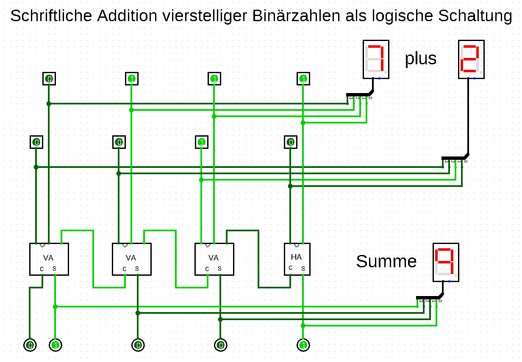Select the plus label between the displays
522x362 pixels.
coord(420,58)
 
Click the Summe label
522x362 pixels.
coord(386,261)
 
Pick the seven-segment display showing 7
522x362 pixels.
coord(376,60)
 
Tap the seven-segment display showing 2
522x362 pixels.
coord(471,60)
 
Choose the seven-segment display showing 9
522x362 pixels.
coord(446,262)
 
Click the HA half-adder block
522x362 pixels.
coord(297,259)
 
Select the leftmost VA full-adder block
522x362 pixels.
coord(49,259)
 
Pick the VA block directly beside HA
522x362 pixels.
coord(214,259)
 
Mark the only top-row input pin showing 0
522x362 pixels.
coord(49,79)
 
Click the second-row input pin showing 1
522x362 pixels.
coord(202,143)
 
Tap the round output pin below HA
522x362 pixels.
coord(303,345)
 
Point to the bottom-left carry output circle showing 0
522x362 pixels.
coord(30,345)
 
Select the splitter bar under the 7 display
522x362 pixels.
coord(358,94)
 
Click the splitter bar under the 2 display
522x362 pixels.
coord(453,158)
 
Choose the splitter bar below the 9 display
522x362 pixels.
coord(428,297)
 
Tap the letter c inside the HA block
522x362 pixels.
coord(291,267)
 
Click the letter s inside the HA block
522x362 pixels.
coord(303,268)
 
